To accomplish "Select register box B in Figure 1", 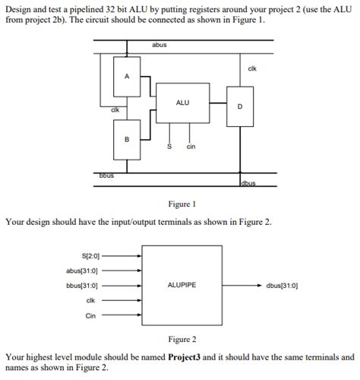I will click(127, 138).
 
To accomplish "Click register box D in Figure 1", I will click(240, 106).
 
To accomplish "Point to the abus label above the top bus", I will click(159, 46).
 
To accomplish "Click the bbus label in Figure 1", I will click(106, 176).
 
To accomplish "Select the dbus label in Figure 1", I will click(249, 183).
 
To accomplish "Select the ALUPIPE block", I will click(182, 285).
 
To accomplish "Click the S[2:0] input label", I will click(90, 255).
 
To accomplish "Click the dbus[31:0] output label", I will click(282, 286).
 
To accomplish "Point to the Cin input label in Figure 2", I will click(90, 315).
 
